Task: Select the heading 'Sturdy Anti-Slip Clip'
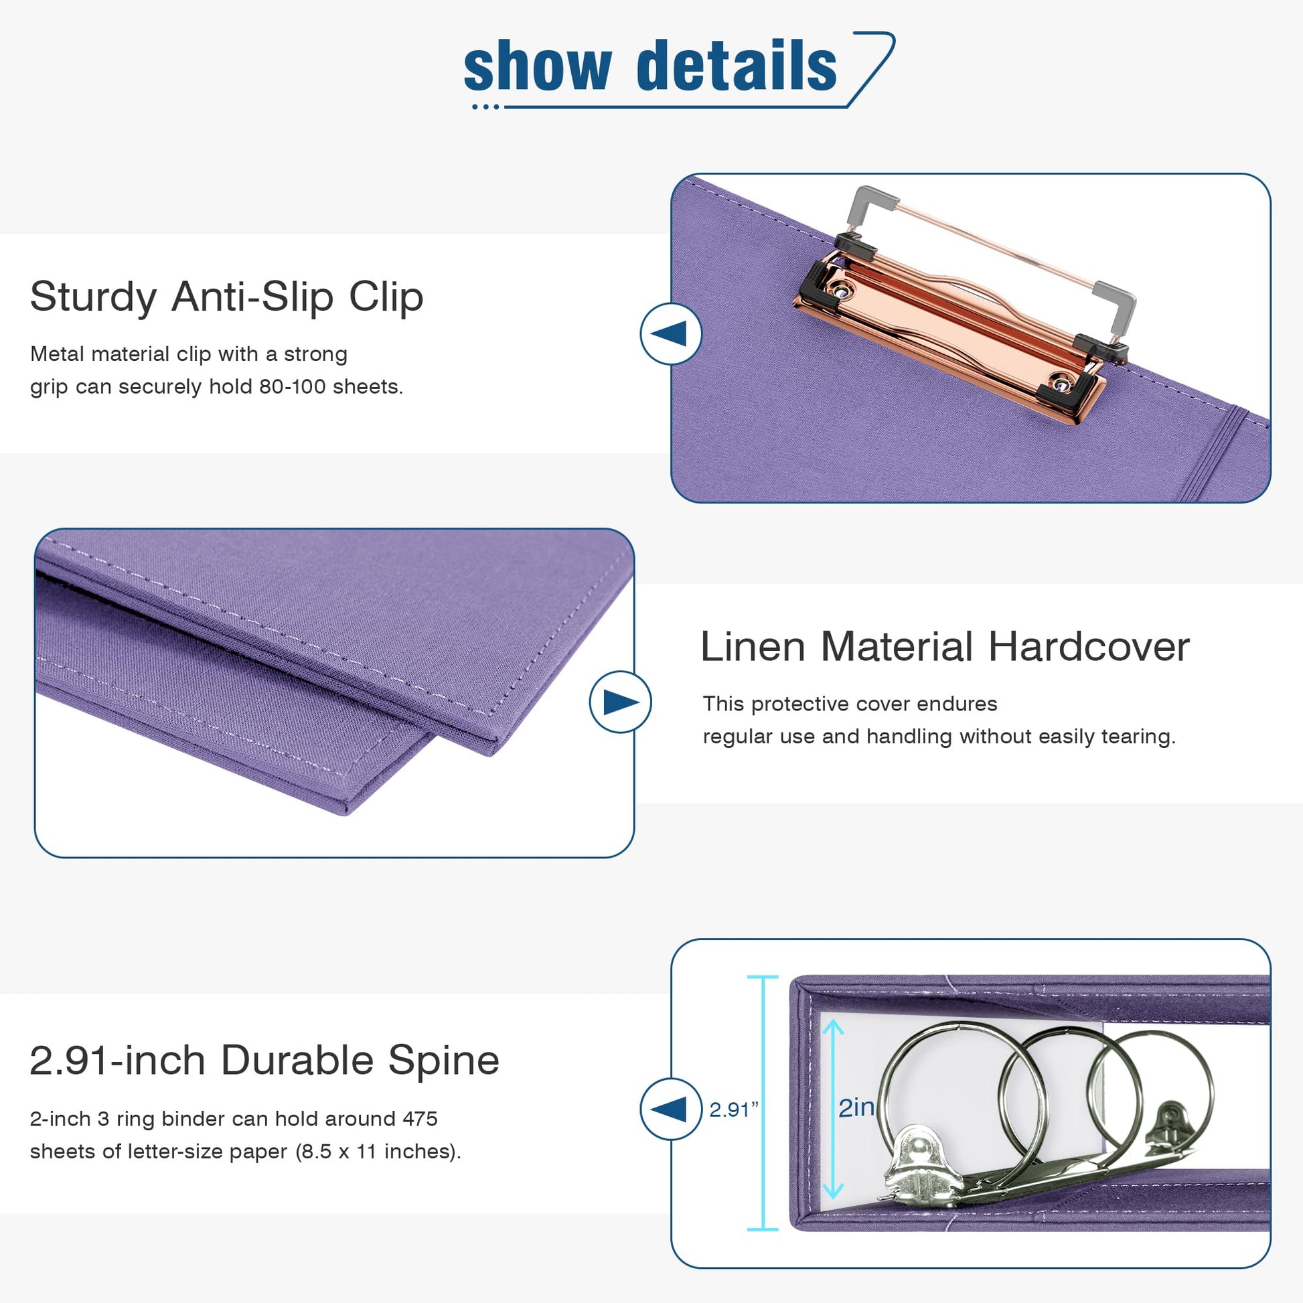(226, 297)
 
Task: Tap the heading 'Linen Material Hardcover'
(945, 646)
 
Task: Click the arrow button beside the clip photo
(671, 334)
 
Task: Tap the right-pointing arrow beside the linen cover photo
(621, 702)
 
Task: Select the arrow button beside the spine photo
(671, 1109)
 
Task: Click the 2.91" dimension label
(734, 1109)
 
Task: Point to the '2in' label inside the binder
(856, 1107)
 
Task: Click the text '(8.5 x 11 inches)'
(378, 1151)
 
